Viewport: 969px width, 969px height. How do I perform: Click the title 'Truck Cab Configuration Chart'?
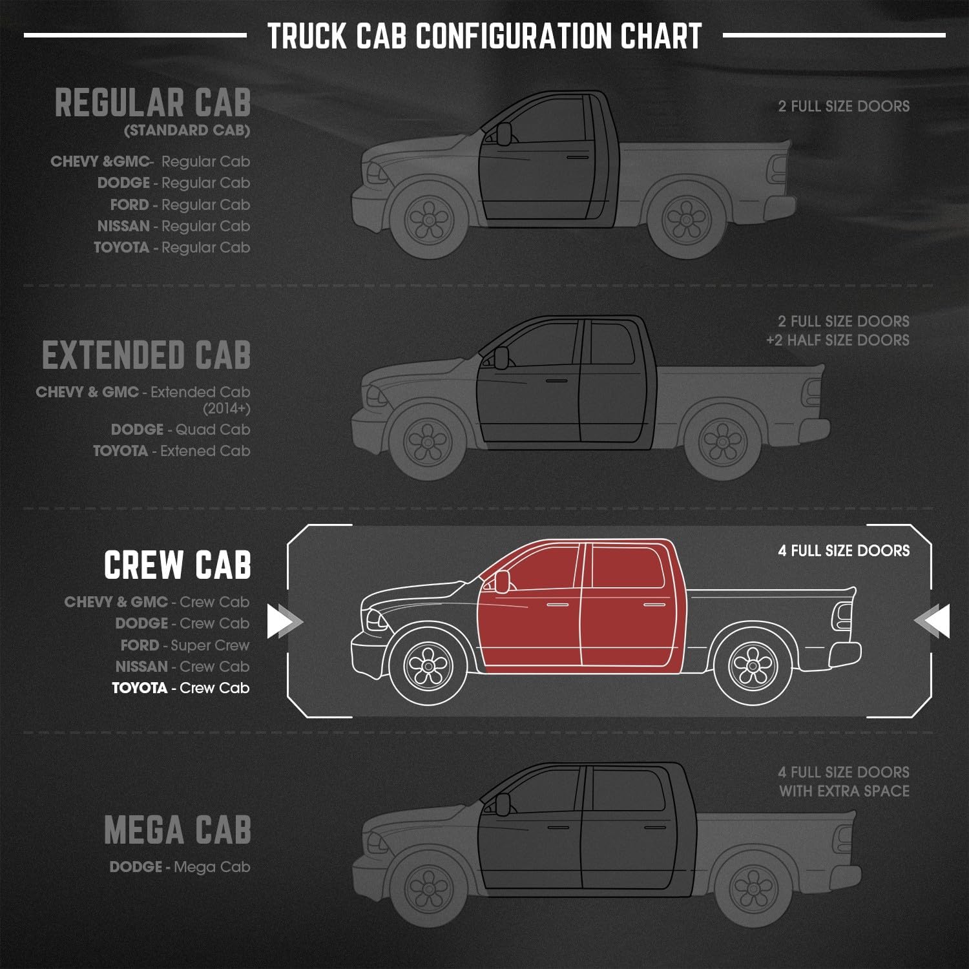(x=484, y=36)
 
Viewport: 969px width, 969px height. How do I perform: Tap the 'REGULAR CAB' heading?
(x=153, y=103)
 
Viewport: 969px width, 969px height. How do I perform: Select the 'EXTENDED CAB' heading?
(x=147, y=355)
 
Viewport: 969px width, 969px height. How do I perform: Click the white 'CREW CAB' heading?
(x=177, y=565)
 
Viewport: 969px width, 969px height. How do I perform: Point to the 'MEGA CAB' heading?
(x=177, y=830)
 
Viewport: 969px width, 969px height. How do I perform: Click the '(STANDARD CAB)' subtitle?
(x=187, y=130)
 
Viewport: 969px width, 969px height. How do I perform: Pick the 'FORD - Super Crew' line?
(x=185, y=645)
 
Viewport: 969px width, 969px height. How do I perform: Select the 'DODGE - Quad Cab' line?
(x=180, y=430)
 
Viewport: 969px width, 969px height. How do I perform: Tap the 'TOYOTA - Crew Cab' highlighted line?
(x=180, y=688)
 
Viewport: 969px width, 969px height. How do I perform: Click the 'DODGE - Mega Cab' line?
(x=180, y=867)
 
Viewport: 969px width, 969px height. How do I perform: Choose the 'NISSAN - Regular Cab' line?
(x=173, y=226)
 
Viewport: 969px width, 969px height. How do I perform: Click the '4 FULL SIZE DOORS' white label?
(x=844, y=551)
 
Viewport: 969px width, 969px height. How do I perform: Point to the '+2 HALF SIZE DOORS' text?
(x=838, y=340)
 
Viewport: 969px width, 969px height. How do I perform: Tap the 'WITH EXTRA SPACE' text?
(x=844, y=791)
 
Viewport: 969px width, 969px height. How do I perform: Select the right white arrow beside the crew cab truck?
(x=933, y=621)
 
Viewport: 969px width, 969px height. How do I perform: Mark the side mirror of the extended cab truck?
(x=501, y=356)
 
